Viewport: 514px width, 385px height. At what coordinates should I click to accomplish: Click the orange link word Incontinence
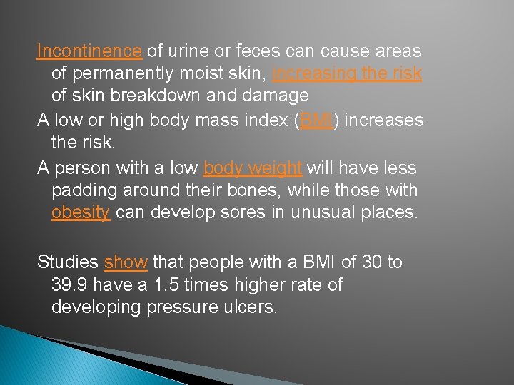coord(90,51)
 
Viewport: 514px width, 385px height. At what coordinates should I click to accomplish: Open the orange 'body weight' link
coord(253,168)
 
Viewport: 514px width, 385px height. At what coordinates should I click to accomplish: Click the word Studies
coord(68,262)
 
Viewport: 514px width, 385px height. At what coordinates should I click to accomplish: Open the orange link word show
coord(126,262)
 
